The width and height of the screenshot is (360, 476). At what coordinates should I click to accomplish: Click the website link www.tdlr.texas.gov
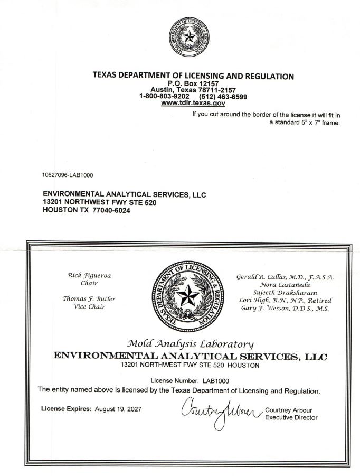(x=193, y=104)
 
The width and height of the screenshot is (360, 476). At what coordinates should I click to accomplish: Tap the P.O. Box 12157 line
(x=193, y=83)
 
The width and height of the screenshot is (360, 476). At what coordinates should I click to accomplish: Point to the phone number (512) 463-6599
(x=223, y=97)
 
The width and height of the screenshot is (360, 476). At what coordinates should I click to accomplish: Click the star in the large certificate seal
(x=185, y=295)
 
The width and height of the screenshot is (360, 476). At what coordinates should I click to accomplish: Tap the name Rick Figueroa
(x=89, y=275)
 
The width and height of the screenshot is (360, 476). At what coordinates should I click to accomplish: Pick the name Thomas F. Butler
(x=89, y=298)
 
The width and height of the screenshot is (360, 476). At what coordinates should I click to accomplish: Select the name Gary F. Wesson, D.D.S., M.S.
(x=285, y=308)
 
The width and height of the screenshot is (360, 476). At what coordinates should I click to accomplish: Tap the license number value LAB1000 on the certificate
(x=216, y=380)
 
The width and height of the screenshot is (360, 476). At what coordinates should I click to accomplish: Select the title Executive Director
(x=291, y=418)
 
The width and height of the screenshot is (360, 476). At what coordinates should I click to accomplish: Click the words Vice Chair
(x=89, y=307)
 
